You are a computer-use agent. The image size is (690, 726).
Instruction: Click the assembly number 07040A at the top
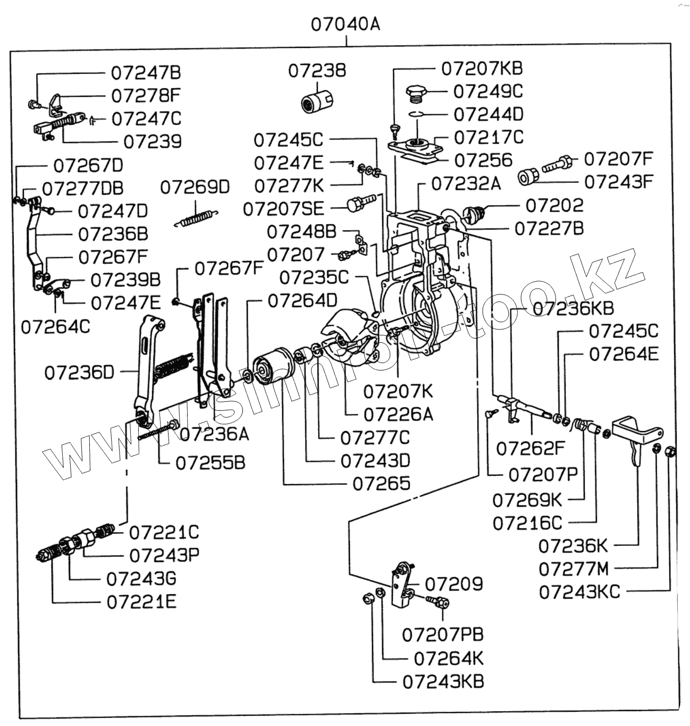(x=345, y=24)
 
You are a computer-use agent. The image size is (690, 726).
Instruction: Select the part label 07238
(x=317, y=70)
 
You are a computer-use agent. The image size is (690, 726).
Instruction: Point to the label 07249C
(x=487, y=91)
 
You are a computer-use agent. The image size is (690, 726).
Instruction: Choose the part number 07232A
(x=466, y=183)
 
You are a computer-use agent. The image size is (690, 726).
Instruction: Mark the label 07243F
(x=618, y=182)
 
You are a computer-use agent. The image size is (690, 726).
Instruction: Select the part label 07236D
(x=79, y=372)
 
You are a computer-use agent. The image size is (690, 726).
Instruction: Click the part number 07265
(x=382, y=483)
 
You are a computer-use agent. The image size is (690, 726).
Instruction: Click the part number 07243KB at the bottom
(x=443, y=681)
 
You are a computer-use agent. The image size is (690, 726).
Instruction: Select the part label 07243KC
(x=579, y=592)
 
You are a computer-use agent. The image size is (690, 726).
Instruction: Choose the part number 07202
(x=554, y=205)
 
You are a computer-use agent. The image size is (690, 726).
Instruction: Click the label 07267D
(x=88, y=165)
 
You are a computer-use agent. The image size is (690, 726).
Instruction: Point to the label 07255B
(x=211, y=462)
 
